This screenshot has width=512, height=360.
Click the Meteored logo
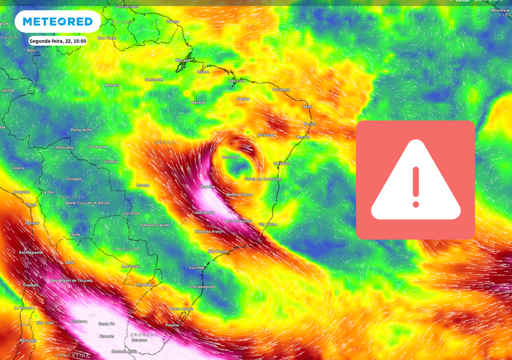coord(57,21)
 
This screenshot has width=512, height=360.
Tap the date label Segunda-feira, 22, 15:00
coord(57,41)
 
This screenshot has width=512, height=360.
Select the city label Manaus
coord(112,85)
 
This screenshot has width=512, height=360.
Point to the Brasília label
coord(208,186)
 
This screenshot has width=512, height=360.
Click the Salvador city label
coord(282,163)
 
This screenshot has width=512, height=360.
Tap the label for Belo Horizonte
coord(239,221)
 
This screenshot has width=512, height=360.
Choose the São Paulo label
coord(217,251)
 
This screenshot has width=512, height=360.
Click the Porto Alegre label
coord(181,309)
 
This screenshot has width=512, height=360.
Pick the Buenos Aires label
coord(124,351)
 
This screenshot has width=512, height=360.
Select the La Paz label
coord(48,192)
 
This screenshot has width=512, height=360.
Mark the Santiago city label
coord(28,340)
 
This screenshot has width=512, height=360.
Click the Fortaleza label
coord(281,90)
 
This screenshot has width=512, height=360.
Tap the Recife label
coord(310,124)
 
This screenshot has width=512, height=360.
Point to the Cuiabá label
coord(143,185)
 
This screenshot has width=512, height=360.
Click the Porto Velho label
coord(81,130)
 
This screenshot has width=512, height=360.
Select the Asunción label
coord(131,266)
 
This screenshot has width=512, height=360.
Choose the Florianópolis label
coord(202,287)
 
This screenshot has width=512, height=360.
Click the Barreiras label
coord(230,157)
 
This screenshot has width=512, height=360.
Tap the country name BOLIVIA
coord(73,197)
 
